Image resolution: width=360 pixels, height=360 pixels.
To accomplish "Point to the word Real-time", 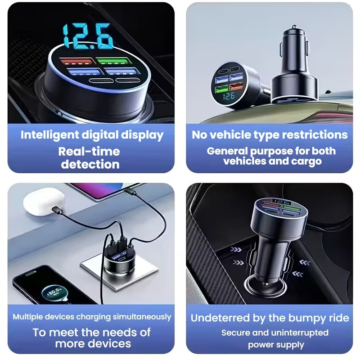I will tap(89, 151).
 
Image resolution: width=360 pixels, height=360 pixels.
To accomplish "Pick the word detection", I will tap(90, 164).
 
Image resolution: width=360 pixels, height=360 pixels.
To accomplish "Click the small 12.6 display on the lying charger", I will tap(228, 96).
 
